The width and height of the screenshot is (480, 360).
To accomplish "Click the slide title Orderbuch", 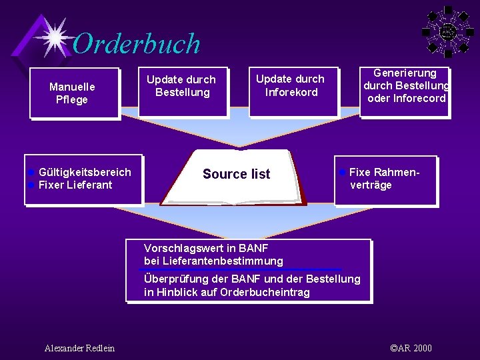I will (137, 44).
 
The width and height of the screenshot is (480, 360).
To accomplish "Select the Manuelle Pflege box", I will (73, 93).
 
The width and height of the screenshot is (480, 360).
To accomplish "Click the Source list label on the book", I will (236, 175).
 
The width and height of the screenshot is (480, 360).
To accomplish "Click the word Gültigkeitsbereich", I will (85, 173).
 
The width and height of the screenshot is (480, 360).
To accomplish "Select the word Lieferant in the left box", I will (91, 185).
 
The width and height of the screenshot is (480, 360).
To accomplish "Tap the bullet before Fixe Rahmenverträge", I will (342, 172).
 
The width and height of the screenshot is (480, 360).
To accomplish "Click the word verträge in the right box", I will (371, 185).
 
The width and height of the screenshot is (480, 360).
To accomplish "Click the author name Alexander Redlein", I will (79, 348).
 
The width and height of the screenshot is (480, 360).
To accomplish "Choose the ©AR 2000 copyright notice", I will (411, 348).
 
